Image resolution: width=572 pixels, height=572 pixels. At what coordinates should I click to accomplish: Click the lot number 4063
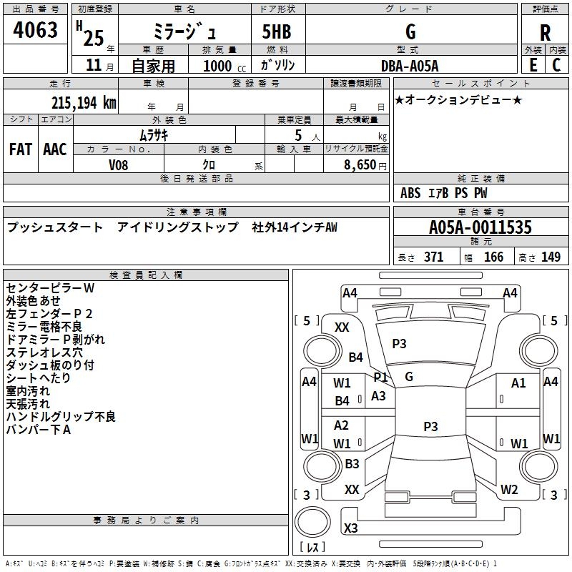[35, 29]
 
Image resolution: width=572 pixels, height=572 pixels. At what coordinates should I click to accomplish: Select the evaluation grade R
[545, 32]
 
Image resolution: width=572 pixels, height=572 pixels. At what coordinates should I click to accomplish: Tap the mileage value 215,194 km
[84, 103]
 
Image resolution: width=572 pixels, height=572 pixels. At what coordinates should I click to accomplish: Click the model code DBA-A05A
[410, 66]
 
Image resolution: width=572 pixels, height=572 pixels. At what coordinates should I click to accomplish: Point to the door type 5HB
[277, 31]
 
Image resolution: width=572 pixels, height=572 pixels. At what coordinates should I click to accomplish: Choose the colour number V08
[118, 165]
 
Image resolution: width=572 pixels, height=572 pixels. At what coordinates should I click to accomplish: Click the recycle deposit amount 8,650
[360, 164]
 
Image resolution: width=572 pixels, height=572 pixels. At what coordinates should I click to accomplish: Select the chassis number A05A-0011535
[480, 227]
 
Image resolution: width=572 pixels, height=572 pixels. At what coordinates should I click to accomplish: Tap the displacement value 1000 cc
[225, 66]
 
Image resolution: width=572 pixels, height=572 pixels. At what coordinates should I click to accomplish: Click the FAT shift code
[21, 149]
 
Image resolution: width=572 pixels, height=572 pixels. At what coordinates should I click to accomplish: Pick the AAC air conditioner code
[55, 149]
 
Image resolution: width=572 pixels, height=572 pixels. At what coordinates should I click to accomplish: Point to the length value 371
[434, 257]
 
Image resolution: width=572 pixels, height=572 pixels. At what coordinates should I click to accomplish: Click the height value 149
[551, 257]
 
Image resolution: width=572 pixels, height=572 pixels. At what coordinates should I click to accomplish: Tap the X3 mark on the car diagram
[351, 528]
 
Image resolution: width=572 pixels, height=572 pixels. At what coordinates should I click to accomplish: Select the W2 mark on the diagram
[509, 489]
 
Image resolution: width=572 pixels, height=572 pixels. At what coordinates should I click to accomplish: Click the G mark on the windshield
[409, 377]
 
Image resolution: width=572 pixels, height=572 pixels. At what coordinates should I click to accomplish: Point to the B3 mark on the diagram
[352, 463]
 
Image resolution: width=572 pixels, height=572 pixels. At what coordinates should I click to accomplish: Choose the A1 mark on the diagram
[518, 383]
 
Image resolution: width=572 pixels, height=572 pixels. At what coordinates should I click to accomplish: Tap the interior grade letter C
[556, 65]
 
